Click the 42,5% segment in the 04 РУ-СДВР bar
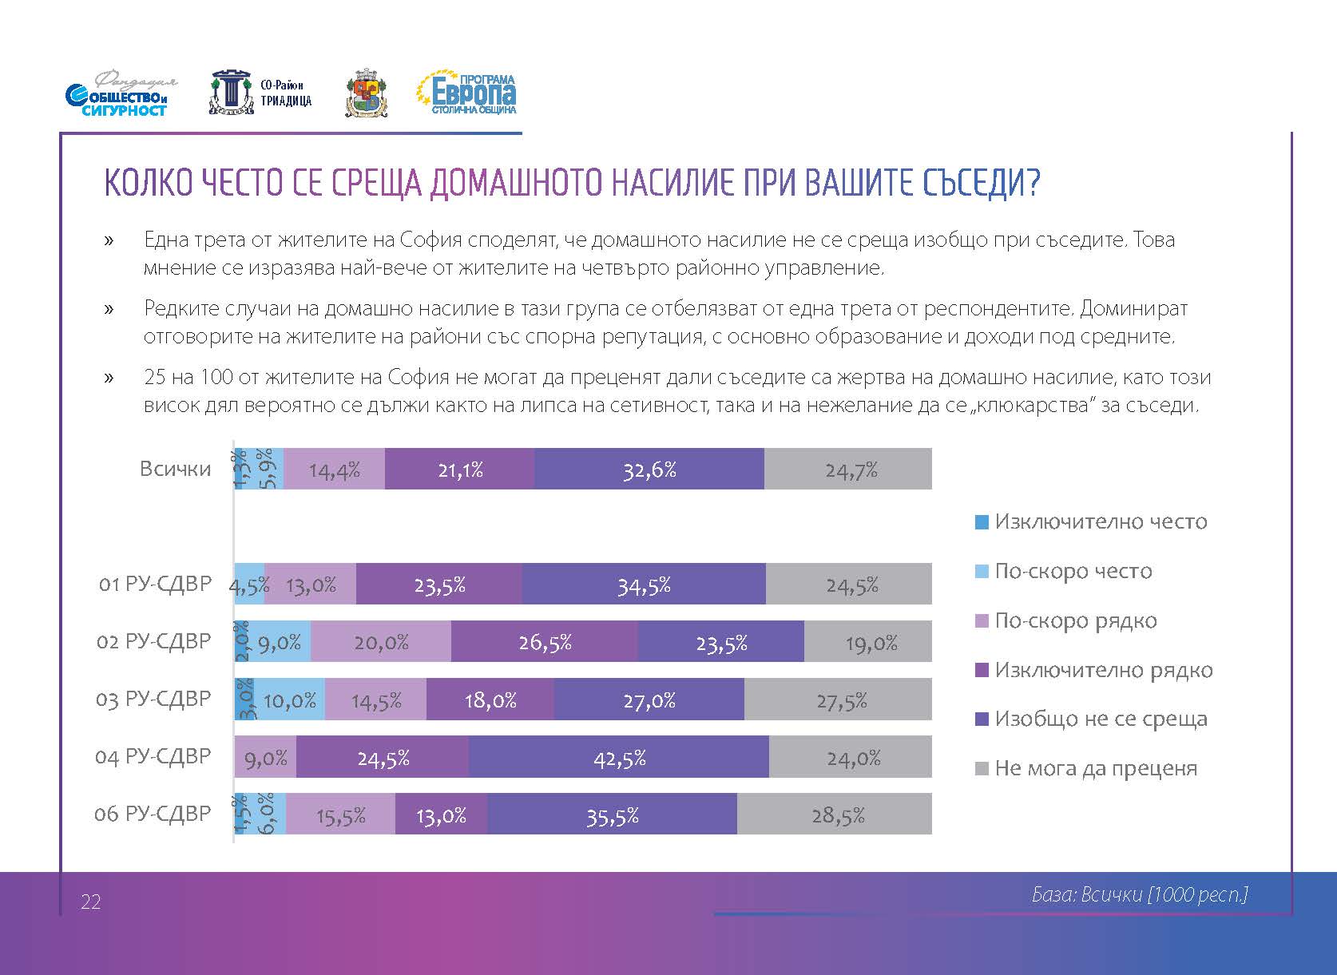pos(619,757)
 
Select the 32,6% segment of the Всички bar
pos(649,470)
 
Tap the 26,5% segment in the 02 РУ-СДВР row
pos(545,642)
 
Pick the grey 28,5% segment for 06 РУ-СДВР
pos(835,814)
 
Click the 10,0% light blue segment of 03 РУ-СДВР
pos(289,700)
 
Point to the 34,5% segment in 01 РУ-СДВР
pos(644,585)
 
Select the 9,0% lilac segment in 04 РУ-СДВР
pos(265,757)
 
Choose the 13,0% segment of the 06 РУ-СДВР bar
pos(441,814)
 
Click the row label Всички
pos(175,469)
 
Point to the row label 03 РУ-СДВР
pos(153,700)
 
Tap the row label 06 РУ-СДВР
pos(153,814)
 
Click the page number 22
pos(91,902)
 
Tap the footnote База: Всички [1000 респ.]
pos(1139,895)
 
